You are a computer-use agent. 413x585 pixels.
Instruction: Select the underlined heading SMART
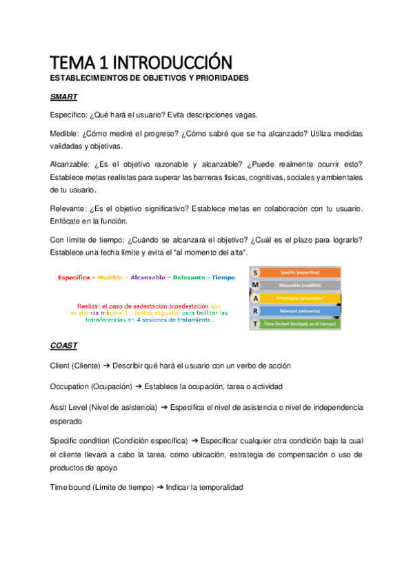pyautogui.click(x=63, y=97)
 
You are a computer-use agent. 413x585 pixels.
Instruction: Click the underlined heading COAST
pyautogui.click(x=63, y=346)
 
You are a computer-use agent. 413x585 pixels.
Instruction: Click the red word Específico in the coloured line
pyautogui.click(x=75, y=277)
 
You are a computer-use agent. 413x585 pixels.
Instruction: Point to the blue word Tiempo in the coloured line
pyautogui.click(x=223, y=277)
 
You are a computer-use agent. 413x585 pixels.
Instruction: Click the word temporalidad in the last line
pyautogui.click(x=220, y=487)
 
